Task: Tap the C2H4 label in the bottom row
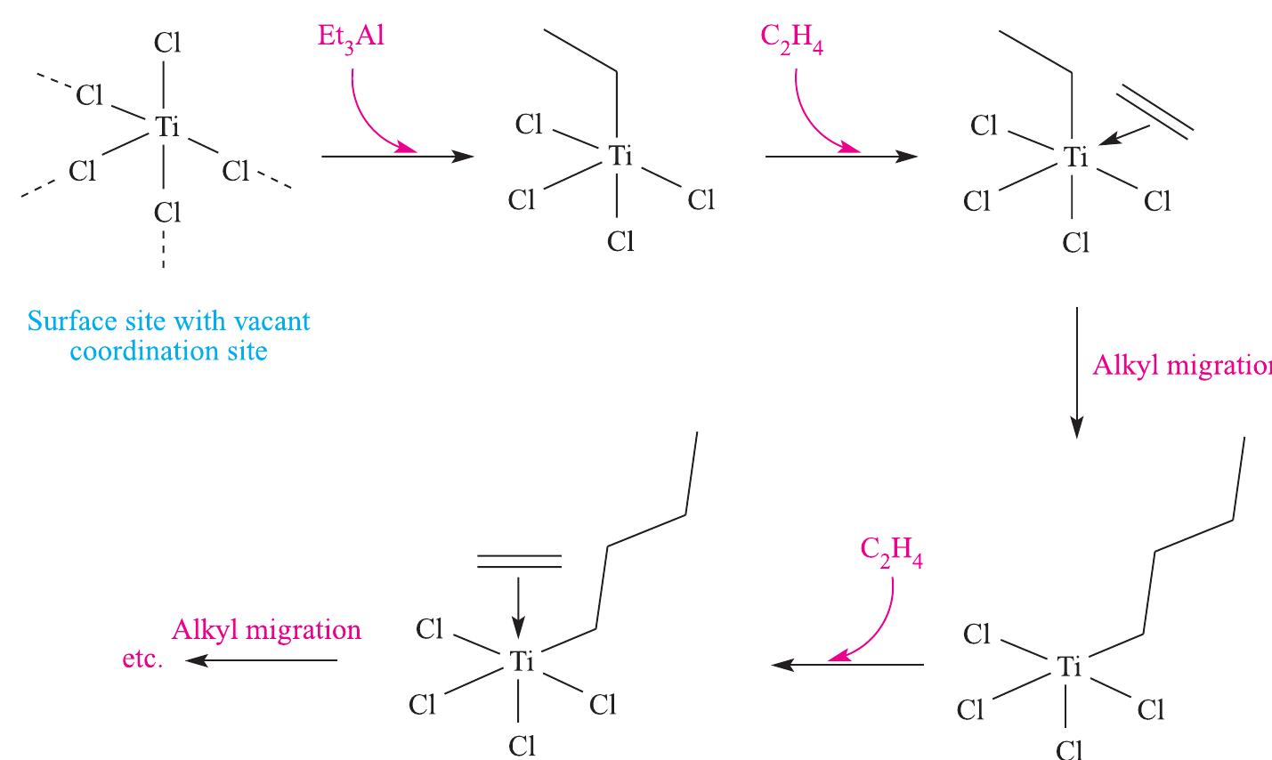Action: click(x=891, y=554)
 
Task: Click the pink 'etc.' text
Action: click(x=142, y=661)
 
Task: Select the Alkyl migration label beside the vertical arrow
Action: click(x=1180, y=366)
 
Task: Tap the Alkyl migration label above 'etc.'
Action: click(x=266, y=630)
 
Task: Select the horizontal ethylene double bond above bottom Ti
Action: click(x=520, y=561)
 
